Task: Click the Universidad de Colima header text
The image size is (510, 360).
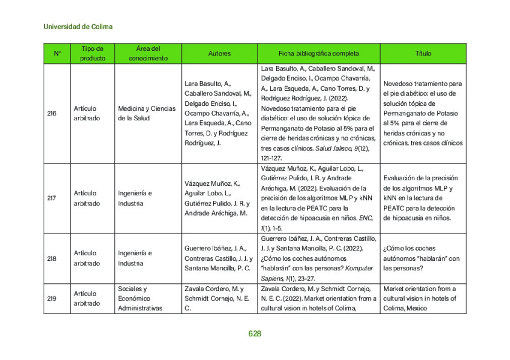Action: point(78,27)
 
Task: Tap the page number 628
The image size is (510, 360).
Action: point(254,334)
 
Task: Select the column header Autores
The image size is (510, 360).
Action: point(219,53)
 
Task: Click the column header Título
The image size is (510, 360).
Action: point(423,53)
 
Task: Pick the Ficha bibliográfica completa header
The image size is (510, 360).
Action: point(318,53)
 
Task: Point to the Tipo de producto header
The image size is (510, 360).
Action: point(93,53)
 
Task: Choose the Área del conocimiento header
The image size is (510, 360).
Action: point(148,53)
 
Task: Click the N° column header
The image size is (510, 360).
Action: point(57,53)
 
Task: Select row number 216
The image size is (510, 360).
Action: point(51,113)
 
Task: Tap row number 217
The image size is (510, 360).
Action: point(51,198)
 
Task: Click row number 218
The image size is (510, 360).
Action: point(51,258)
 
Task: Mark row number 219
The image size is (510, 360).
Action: point(51,299)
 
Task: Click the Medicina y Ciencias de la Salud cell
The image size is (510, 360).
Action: point(147,113)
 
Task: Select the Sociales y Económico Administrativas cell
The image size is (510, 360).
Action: point(141,299)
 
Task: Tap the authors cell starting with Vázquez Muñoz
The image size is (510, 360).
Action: point(217,198)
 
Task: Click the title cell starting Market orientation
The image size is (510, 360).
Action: point(420,299)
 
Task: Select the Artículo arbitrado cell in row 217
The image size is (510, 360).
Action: point(87,198)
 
